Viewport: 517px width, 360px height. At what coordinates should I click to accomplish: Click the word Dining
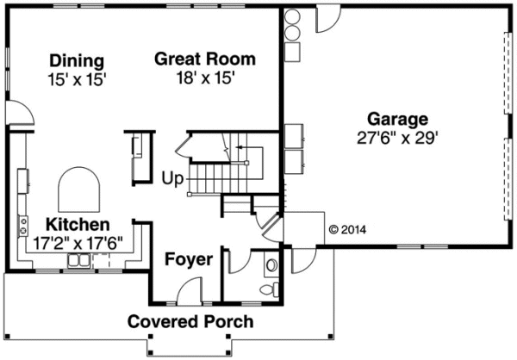77,61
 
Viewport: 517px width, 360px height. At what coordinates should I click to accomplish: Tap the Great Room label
204,59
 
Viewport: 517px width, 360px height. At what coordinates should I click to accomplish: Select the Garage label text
398,119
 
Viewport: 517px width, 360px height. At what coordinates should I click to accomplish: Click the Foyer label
189,259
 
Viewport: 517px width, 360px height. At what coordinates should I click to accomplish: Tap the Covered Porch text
190,322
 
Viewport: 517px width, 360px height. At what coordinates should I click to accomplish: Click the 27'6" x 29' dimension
398,136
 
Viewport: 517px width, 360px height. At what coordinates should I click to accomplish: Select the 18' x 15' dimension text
204,77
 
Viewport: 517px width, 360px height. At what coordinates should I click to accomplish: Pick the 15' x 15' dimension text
77,78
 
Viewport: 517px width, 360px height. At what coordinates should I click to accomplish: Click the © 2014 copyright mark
348,230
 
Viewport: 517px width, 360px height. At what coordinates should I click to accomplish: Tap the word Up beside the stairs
172,180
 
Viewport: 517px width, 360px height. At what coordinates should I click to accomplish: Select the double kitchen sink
79,260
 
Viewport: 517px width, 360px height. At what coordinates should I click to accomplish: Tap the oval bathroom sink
271,264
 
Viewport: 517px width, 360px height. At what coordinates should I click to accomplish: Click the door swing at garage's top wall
328,20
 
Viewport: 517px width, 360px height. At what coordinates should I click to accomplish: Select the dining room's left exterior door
22,114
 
